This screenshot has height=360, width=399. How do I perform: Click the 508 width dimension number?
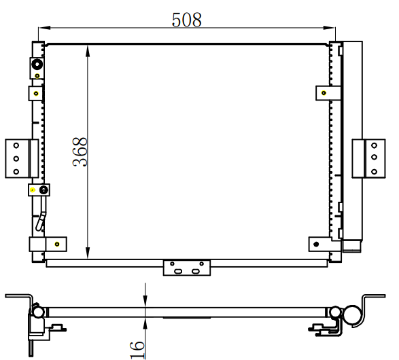tap(187, 20)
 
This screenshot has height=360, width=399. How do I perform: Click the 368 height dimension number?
tap(80, 152)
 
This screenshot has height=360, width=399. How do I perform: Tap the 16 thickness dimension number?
tap(137, 350)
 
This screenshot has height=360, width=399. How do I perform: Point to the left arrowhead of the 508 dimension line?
tap(44, 27)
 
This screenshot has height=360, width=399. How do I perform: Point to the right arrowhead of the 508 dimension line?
tap(329, 27)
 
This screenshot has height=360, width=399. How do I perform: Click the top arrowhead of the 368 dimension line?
tap(88, 50)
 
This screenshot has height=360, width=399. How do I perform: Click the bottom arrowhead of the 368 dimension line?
tap(88, 253)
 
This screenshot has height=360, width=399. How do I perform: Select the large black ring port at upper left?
tap(37, 65)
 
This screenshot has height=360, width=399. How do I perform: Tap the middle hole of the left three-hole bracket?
tap(16, 159)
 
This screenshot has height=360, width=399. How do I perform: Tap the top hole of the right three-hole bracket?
tap(374, 145)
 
